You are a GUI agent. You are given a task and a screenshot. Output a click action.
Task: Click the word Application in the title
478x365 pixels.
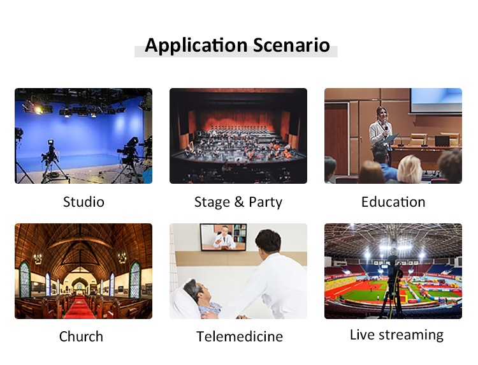click(196, 46)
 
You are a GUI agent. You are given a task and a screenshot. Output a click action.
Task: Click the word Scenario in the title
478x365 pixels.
click(291, 45)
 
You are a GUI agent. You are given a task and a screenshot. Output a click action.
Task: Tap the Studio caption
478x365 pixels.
click(83, 202)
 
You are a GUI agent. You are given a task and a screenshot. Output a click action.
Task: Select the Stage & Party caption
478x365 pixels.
click(238, 202)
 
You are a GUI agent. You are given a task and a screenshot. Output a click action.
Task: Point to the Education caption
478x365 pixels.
click(393, 202)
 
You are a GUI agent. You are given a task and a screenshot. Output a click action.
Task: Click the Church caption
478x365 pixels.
click(81, 337)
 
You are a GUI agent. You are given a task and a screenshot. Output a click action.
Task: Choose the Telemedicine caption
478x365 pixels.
click(240, 337)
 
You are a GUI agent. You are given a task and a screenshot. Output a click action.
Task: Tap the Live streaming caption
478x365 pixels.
click(396, 335)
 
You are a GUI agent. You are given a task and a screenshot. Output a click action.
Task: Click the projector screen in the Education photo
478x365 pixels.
click(436, 100)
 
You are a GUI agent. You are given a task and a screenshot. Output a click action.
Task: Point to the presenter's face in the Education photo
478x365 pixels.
click(382, 115)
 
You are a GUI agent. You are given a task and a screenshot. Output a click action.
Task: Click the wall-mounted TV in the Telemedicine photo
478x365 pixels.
click(224, 237)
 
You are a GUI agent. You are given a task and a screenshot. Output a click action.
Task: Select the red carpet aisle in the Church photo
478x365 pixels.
click(80, 308)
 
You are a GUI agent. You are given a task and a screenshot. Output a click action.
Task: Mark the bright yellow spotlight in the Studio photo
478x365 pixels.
click(38, 109)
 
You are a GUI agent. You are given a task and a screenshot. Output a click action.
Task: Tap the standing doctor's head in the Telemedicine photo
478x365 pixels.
click(268, 241)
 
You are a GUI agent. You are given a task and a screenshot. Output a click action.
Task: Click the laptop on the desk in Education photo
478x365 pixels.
click(442, 141)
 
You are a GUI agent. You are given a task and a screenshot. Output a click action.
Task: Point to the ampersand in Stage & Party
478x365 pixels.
click(239, 202)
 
